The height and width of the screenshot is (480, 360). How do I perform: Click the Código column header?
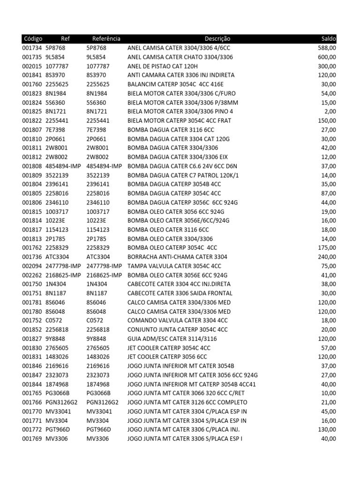(x=32, y=39)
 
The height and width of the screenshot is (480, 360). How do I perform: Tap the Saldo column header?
(x=329, y=39)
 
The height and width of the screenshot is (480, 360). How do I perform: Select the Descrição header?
(x=217, y=39)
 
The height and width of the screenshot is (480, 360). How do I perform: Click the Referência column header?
(x=106, y=39)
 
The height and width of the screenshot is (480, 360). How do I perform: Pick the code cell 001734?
(x=32, y=48)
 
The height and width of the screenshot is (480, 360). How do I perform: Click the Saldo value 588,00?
(x=326, y=48)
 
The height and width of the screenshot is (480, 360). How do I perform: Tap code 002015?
(x=32, y=66)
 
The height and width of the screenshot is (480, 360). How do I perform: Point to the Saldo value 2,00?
(x=330, y=112)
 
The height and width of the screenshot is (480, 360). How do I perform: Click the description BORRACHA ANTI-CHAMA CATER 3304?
(x=177, y=257)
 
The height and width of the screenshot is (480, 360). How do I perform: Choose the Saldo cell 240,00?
(x=326, y=257)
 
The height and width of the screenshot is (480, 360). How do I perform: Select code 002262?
(x=32, y=275)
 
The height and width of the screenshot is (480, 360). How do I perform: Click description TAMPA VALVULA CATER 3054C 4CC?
(x=174, y=266)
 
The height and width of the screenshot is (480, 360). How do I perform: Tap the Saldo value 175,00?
(x=326, y=247)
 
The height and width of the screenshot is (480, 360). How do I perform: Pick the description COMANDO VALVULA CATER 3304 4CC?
(x=177, y=320)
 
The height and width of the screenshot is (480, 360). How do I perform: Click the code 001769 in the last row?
(x=32, y=438)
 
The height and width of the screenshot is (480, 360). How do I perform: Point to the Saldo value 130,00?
(x=326, y=429)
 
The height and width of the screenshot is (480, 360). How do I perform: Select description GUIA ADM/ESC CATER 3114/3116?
(x=172, y=338)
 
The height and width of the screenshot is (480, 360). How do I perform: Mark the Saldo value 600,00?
(x=326, y=57)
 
